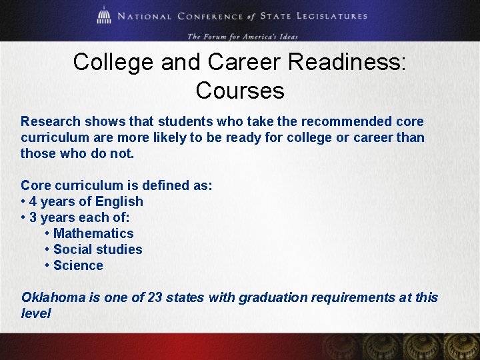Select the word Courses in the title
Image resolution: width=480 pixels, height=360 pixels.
pos(240,90)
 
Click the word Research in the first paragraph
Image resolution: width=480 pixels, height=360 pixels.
pos(51,121)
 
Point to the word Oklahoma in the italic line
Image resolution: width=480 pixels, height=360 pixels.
pos(53,297)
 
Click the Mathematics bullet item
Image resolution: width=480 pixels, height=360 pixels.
pos(93,233)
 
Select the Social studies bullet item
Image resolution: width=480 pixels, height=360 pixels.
pos(97,249)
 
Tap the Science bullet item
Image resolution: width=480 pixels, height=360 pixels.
pos(78,265)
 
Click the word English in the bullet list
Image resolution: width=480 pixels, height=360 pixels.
pos(119,201)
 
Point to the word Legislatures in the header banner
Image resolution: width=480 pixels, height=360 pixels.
pos(335,17)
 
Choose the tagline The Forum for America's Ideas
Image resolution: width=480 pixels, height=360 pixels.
pos(242,36)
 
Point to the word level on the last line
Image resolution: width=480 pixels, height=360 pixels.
pos(36,313)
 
